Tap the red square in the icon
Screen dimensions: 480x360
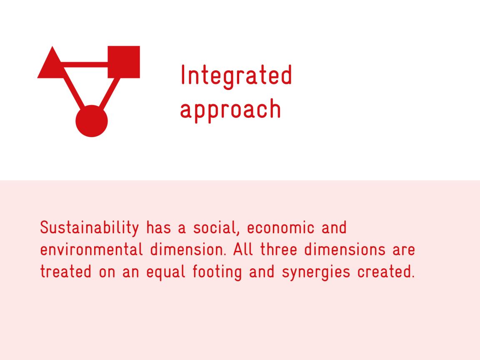[124, 62]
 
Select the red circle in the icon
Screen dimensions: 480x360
[92, 121]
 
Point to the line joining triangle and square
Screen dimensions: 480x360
[85, 65]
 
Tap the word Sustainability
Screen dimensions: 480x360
[90, 228]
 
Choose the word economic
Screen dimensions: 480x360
[280, 228]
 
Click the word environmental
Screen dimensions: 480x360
[92, 250]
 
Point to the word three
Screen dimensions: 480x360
[279, 250]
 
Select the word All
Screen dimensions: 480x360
[243, 250]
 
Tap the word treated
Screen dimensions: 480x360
[66, 272]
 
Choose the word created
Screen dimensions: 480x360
[386, 272]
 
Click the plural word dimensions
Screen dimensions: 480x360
[345, 250]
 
